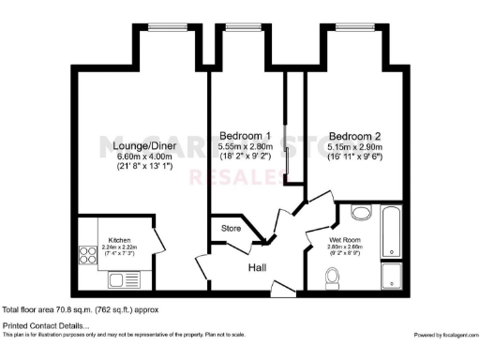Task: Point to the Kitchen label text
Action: [121, 239]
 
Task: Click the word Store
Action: [231, 228]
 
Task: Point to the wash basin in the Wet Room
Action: [361, 212]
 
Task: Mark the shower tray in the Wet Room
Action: [392, 277]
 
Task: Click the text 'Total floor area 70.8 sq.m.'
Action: [47, 308]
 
